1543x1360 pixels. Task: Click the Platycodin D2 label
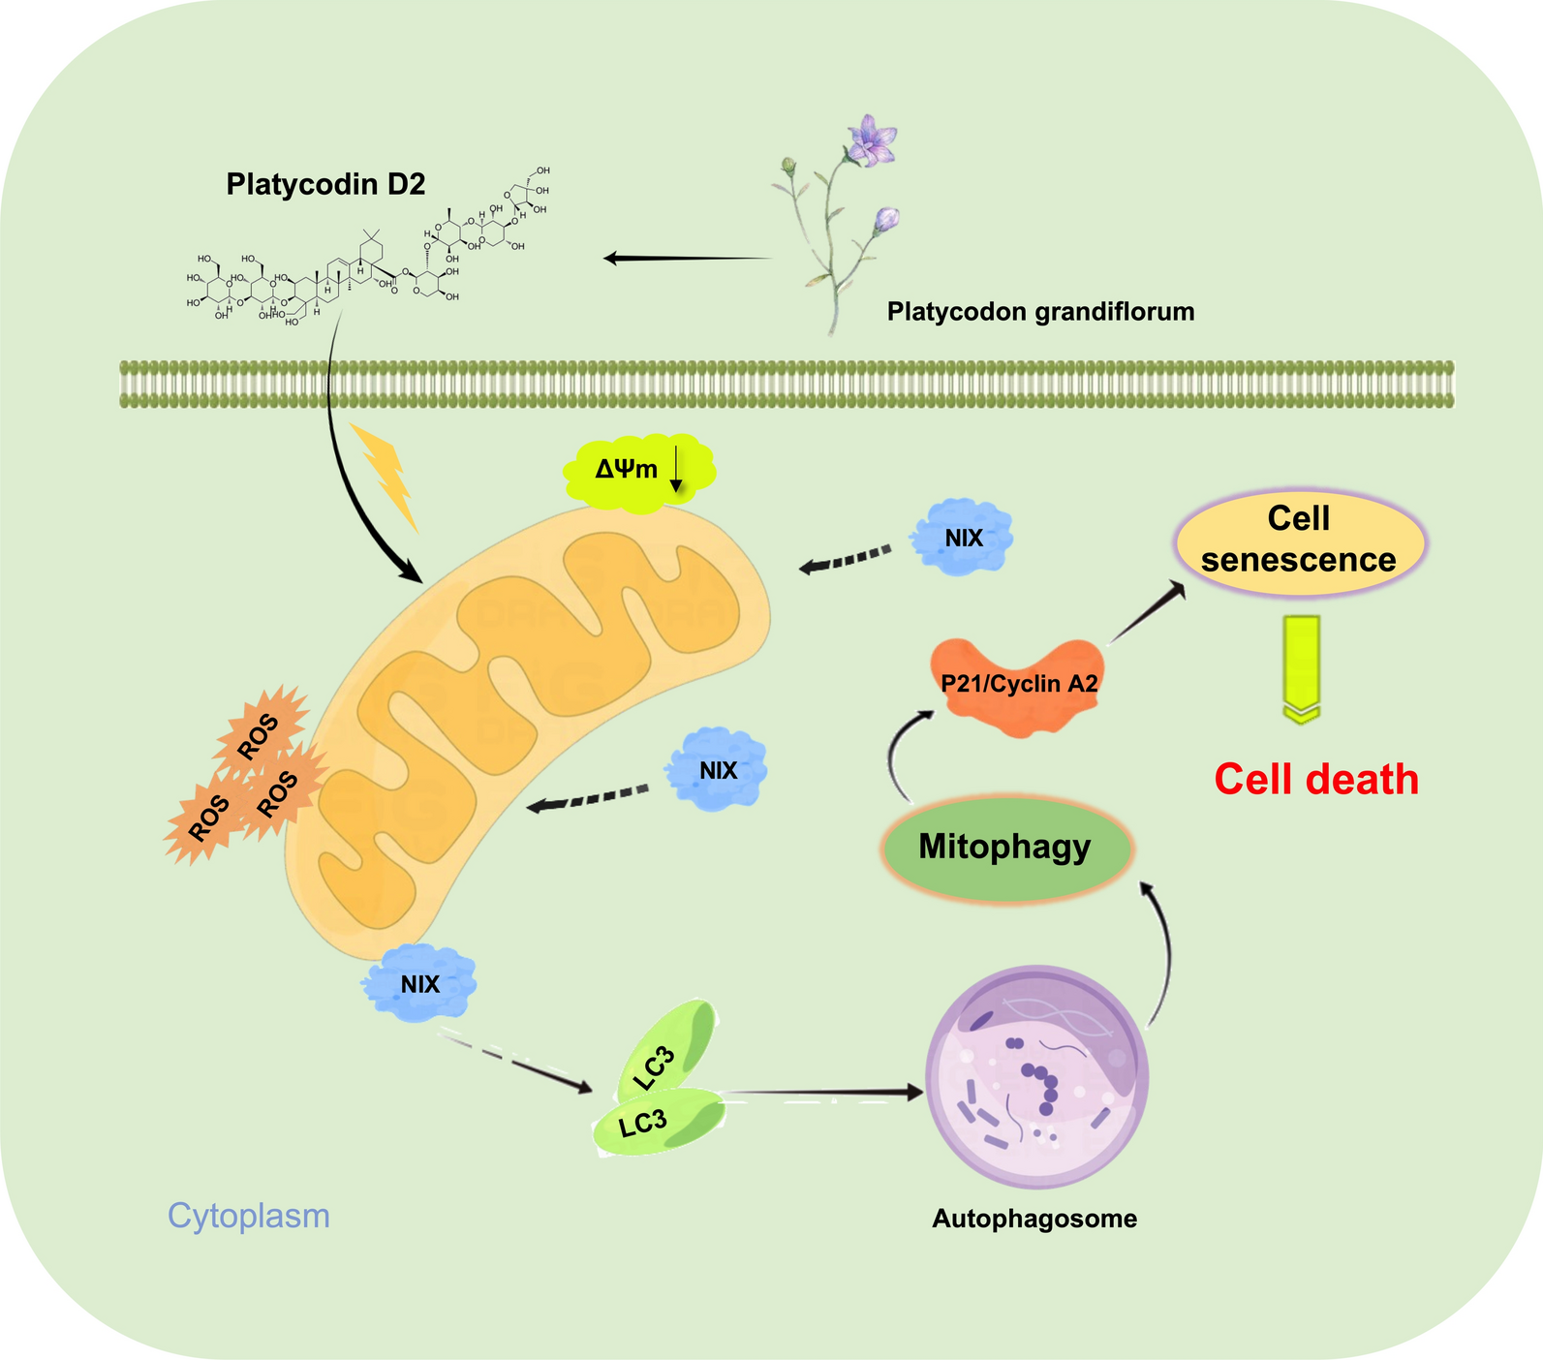[325, 184]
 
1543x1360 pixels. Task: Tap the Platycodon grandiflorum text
[1040, 312]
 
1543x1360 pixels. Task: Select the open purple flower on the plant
[870, 141]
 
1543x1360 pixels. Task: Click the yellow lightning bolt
[386, 475]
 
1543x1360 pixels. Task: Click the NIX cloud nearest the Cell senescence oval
[964, 538]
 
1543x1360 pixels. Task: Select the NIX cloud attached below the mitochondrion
[419, 984]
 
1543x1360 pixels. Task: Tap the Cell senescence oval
[1299, 541]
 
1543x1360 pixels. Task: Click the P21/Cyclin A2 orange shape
[1019, 684]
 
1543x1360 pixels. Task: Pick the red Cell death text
[1316, 780]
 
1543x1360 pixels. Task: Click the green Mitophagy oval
[1005, 848]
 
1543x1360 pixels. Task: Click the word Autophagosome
[1034, 1219]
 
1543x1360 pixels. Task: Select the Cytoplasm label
[249, 1216]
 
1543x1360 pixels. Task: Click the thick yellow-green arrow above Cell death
[1302, 668]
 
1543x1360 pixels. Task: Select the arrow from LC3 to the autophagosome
[823, 1093]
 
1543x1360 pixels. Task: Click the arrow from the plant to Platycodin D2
[688, 259]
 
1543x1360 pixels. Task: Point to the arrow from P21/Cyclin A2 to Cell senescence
[1149, 612]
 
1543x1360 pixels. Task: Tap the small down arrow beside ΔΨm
[676, 471]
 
